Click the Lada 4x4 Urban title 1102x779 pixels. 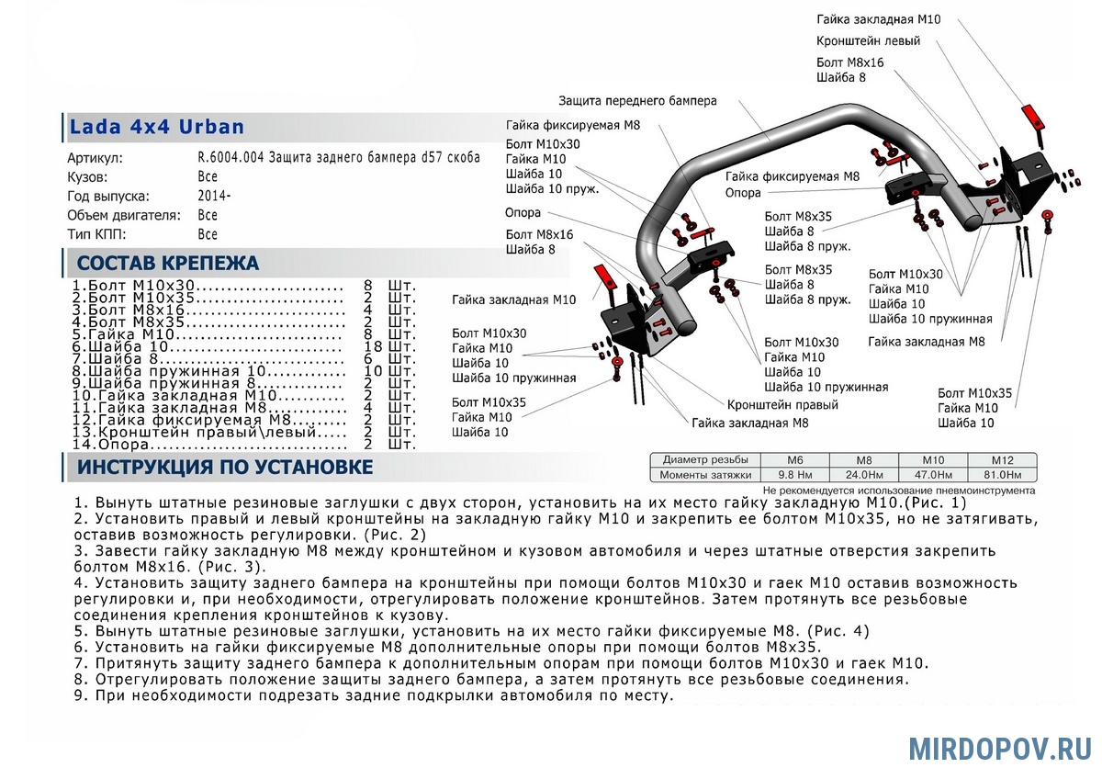tap(157, 127)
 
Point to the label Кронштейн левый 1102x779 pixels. tap(868, 41)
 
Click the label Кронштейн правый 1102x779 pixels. tap(782, 405)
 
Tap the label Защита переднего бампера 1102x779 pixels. tap(637, 100)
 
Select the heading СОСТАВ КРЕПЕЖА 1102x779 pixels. tap(168, 264)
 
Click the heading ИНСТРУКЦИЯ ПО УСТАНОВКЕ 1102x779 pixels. tap(225, 468)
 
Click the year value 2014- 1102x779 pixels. tap(214, 196)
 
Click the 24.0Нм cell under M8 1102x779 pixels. tap(863, 475)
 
